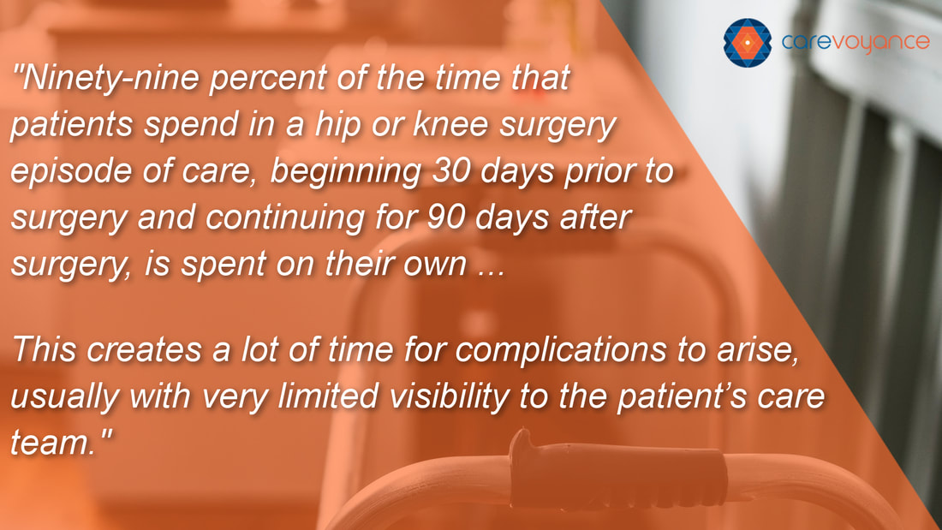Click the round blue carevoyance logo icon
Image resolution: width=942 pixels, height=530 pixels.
(x=748, y=43)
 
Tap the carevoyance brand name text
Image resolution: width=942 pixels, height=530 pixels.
(x=855, y=43)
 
